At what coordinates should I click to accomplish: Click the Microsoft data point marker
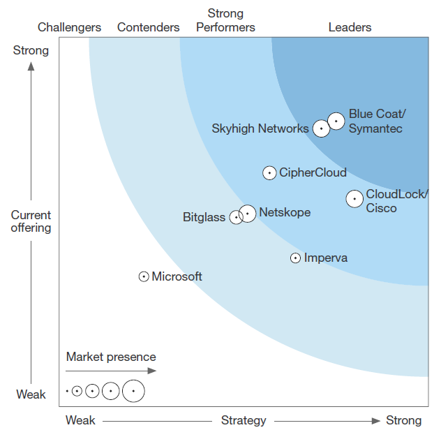(x=144, y=276)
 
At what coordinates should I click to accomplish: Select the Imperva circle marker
(x=296, y=258)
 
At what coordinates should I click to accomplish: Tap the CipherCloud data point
(x=269, y=173)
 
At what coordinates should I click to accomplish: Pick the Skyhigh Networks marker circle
(x=321, y=128)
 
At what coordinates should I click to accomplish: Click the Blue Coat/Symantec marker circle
(x=336, y=121)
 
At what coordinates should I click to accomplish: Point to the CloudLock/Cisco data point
(x=354, y=199)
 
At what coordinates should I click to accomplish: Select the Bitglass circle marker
(x=236, y=217)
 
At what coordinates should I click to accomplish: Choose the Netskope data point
(x=248, y=213)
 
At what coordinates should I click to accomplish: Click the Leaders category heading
(x=350, y=27)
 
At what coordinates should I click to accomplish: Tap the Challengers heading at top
(x=69, y=27)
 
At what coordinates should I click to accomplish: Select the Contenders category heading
(x=148, y=27)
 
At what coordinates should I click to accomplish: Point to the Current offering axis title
(x=31, y=221)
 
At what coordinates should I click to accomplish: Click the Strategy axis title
(x=244, y=420)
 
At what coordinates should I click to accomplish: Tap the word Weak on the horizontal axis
(x=80, y=420)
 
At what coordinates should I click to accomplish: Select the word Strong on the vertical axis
(x=31, y=50)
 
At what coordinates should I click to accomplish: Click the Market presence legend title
(x=111, y=357)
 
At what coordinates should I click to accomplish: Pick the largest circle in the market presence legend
(x=133, y=392)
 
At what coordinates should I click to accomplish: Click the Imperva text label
(x=326, y=258)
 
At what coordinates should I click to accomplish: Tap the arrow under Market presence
(x=112, y=371)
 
